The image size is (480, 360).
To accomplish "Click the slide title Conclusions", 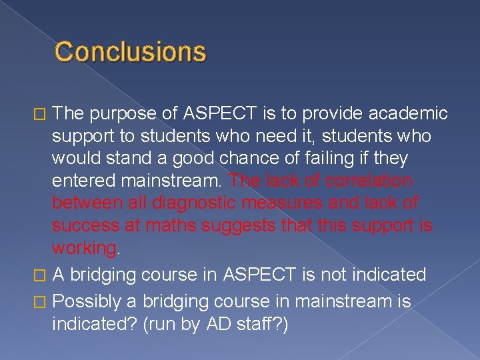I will (131, 51).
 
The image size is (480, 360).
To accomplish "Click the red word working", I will (84, 249).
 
